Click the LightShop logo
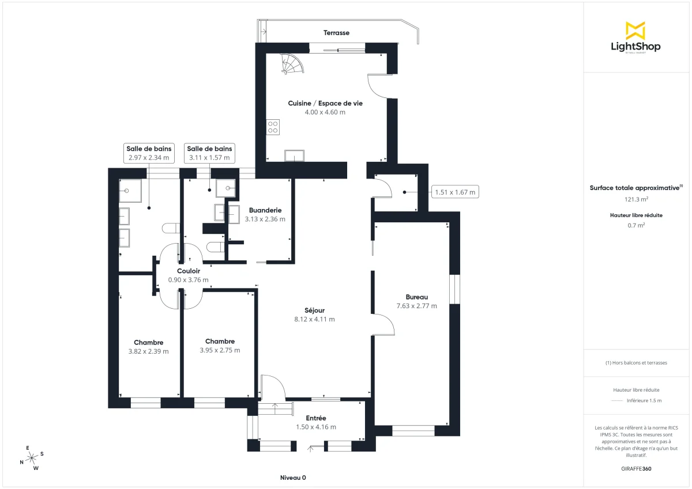635,38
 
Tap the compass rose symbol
32,457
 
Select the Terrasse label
336,33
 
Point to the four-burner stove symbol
273,127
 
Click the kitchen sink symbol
295,156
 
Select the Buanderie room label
265,210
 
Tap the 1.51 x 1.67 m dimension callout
456,192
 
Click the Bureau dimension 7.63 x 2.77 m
416,306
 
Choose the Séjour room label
314,310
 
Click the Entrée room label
315,418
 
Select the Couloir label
188,271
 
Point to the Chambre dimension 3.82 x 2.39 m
148,351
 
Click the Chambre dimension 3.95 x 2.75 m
220,350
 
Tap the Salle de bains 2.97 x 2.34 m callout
149,153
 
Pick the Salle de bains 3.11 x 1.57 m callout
210,153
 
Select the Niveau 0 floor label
293,478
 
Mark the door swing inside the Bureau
383,325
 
